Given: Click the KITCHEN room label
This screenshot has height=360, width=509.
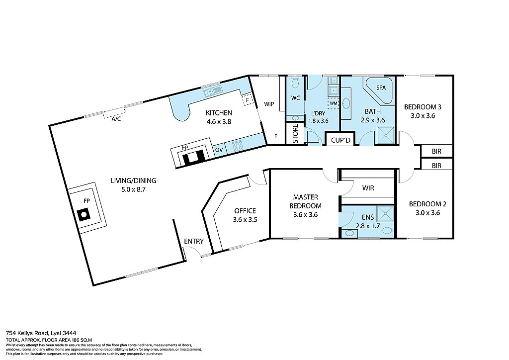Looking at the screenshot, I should [x=219, y=113].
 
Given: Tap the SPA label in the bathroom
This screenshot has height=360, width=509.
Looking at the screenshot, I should [x=381, y=88].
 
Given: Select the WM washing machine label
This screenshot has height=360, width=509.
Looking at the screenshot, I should [x=333, y=103].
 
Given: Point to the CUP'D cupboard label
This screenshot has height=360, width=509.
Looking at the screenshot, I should [x=341, y=141].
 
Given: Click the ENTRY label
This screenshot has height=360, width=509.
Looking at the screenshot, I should [x=194, y=241].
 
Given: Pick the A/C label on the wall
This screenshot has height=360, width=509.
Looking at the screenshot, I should [x=116, y=119].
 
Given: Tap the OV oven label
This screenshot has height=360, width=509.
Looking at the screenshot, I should [x=219, y=149].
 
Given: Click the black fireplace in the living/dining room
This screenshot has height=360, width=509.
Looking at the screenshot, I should [x=83, y=215].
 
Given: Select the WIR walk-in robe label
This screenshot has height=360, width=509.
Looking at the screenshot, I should [x=368, y=188].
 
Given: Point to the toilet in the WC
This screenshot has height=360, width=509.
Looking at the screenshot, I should [x=295, y=82].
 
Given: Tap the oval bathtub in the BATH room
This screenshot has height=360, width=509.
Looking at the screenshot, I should [x=346, y=103].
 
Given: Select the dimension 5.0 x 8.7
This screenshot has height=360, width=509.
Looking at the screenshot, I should [x=127, y=189].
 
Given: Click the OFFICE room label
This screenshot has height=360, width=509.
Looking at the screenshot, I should [x=245, y=211].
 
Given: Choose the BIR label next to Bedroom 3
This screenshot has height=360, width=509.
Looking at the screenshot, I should [x=436, y=151].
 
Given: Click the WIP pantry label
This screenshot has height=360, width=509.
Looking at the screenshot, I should [x=269, y=104].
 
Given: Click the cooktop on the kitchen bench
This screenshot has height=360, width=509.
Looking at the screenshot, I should [x=237, y=146].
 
